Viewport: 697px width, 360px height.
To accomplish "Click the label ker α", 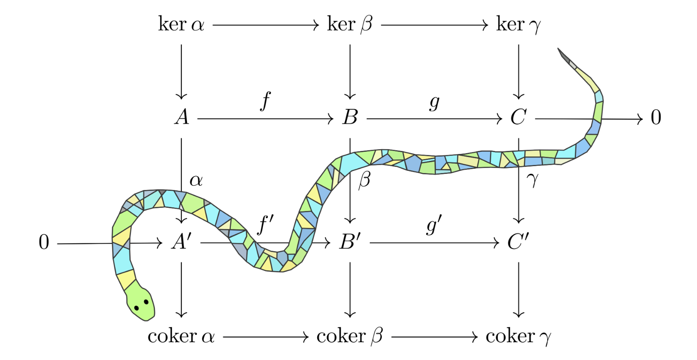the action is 181,24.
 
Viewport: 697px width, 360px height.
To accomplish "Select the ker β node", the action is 350,24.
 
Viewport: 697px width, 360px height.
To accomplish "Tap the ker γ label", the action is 518,25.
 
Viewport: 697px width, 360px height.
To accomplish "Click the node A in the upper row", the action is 182,118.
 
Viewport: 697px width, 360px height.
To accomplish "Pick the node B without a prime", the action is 350,118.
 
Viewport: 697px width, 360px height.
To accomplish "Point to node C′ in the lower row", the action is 518,242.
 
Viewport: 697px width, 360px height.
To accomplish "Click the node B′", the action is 350,242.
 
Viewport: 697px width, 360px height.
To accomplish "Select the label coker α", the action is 181,336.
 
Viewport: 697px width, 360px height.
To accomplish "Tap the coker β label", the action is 350,337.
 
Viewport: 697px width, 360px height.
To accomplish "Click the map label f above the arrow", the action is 266,101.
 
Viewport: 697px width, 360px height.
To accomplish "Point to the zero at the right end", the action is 656,118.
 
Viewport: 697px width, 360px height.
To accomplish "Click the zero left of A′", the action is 44,242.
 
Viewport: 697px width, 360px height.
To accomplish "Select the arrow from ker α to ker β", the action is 266,25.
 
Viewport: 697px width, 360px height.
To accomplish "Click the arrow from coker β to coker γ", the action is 435,337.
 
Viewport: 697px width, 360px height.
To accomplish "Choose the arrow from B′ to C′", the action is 434,243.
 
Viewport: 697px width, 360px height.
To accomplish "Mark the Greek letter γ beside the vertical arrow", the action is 533,180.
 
